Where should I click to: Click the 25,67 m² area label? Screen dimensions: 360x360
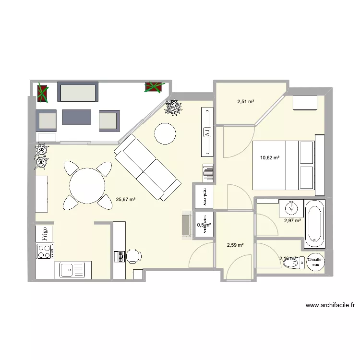[126, 199]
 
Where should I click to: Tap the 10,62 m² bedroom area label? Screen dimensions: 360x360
[270, 157]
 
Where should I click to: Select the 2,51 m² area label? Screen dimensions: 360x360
[245, 101]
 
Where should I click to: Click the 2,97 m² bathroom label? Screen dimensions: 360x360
[292, 221]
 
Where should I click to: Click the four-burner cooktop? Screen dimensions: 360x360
[45, 251]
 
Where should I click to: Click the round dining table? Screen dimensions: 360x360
[87, 185]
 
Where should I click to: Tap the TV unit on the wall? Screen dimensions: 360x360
[207, 132]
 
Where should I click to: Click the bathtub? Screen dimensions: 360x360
[315, 224]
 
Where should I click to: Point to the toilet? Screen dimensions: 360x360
[292, 264]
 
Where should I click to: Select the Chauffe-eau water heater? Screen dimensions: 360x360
[315, 261]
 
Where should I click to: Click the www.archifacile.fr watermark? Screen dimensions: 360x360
[330, 305]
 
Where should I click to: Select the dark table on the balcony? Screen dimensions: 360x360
[76, 117]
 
